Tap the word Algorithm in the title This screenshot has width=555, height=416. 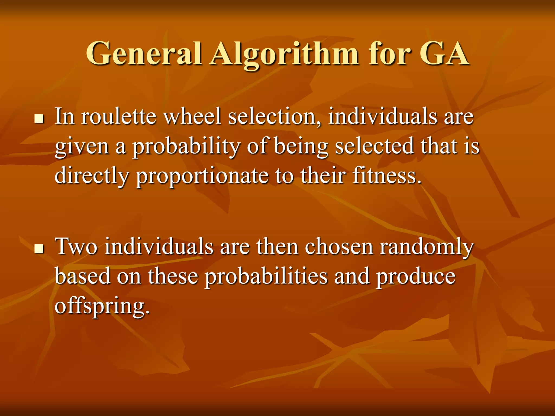click(284, 54)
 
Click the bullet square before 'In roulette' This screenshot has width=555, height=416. click(39, 118)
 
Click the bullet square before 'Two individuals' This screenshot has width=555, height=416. click(39, 248)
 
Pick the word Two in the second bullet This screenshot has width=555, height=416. click(76, 246)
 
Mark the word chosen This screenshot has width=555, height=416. click(339, 246)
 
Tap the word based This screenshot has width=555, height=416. click(82, 276)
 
